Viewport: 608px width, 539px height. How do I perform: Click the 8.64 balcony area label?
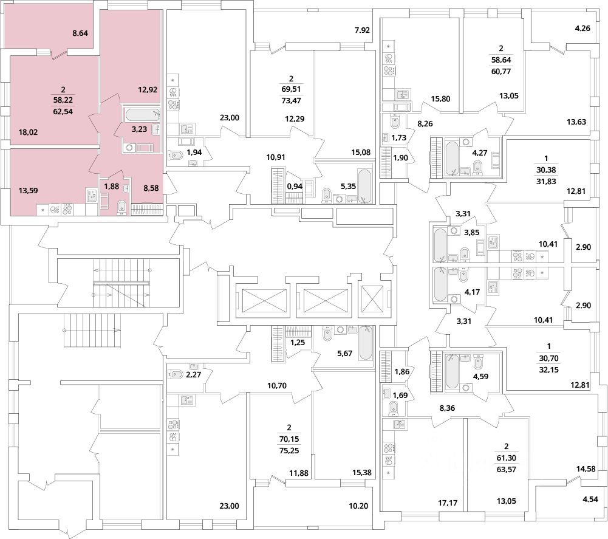point(80,33)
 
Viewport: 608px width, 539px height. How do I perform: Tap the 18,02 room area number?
point(29,132)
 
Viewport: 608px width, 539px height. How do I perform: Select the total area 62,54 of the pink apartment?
point(63,112)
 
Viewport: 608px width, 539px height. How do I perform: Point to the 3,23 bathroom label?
point(139,129)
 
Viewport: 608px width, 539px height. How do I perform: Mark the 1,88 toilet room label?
point(111,187)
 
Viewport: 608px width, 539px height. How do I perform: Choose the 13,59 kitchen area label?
point(29,191)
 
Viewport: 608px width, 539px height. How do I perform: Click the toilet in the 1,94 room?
point(176,155)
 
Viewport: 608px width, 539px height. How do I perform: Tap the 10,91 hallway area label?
point(276,157)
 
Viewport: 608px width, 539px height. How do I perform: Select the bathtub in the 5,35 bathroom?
point(364,186)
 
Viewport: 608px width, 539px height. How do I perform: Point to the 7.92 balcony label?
point(362,30)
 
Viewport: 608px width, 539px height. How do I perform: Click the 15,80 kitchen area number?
point(441,99)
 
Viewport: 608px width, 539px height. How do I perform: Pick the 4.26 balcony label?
point(583,28)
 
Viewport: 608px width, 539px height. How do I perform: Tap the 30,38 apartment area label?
point(547,170)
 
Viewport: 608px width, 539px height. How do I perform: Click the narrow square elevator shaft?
point(372,299)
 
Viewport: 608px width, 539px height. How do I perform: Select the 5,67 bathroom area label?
point(344,354)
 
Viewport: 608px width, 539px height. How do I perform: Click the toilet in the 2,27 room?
point(176,375)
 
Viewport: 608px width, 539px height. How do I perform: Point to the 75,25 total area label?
point(289,451)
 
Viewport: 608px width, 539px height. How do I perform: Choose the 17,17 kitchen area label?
point(448,503)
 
